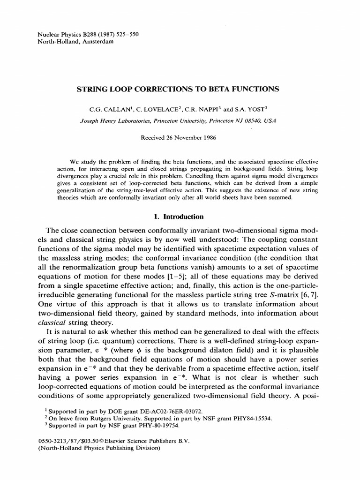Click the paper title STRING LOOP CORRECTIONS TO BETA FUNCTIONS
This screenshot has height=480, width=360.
(x=180, y=89)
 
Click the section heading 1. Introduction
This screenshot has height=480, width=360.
(x=180, y=217)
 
